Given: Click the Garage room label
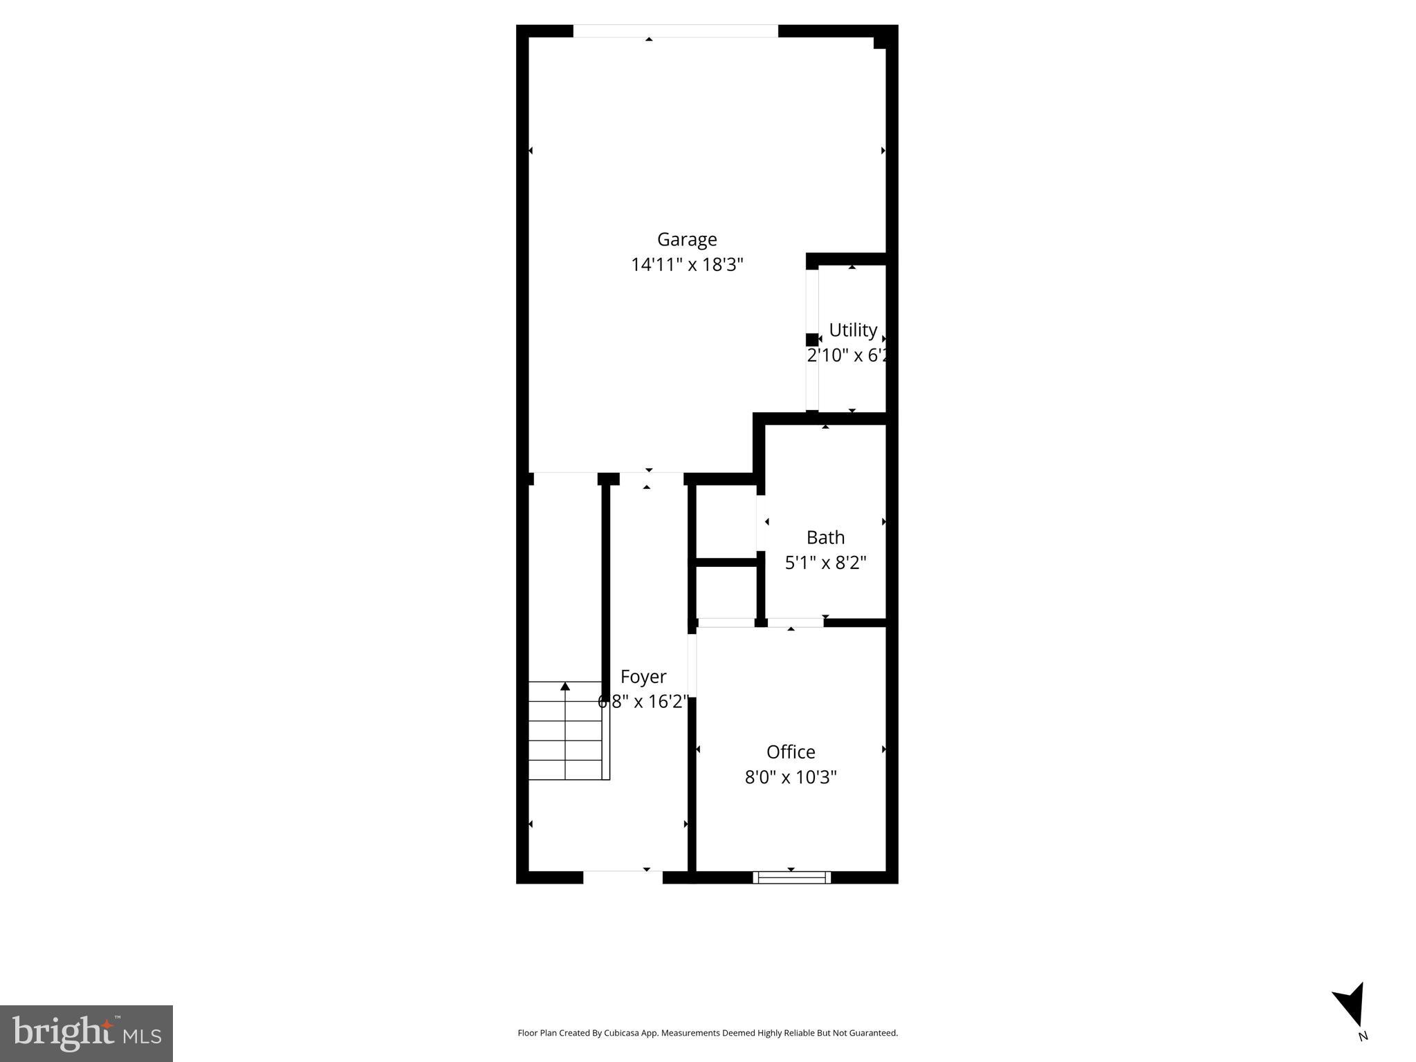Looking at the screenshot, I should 686,239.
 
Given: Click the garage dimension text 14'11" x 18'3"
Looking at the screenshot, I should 686,265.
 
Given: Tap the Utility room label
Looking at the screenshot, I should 852,330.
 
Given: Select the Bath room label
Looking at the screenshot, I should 825,537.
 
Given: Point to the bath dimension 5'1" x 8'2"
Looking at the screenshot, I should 825,563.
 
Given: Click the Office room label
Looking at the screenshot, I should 790,752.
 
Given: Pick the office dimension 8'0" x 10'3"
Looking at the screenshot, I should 790,777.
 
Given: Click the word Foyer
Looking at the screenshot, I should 643,676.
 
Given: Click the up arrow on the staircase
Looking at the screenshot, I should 565,686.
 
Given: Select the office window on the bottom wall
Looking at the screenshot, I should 791,877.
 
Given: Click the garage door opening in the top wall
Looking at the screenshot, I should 675,31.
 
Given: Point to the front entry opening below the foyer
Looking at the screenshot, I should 623,877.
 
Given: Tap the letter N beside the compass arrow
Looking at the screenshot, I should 1363,1036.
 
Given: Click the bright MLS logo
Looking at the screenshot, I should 86,1033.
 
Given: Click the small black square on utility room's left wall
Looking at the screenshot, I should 811,339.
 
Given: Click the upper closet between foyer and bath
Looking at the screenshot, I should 726,521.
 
